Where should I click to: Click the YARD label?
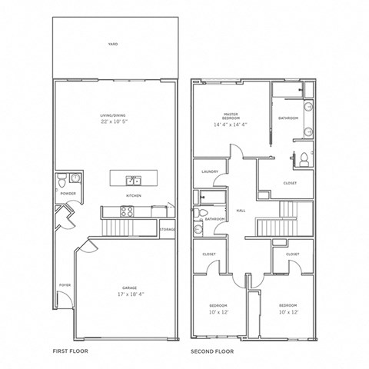coord(113,45)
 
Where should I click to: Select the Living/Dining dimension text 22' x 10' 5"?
coord(113,121)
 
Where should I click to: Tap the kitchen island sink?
coord(135,181)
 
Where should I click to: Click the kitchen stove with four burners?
coord(128,211)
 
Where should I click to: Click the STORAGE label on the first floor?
coord(168,229)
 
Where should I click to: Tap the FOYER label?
coord(65,284)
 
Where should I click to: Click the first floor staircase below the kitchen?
coord(118,227)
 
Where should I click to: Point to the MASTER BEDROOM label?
coord(230,115)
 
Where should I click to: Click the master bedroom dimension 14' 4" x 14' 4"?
coord(230,125)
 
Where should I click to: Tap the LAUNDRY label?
coord(209,171)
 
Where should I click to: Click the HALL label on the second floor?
coord(241,209)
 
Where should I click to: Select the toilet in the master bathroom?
coord(304,159)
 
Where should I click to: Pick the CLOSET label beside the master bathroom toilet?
coord(290,183)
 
